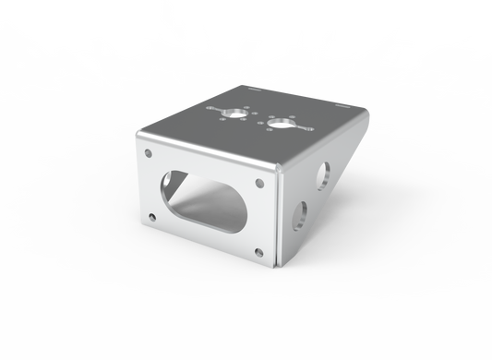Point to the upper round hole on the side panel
click(325, 173)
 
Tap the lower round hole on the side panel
click(300, 215)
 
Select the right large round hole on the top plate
click(280, 123)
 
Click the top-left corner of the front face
click(137, 138)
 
